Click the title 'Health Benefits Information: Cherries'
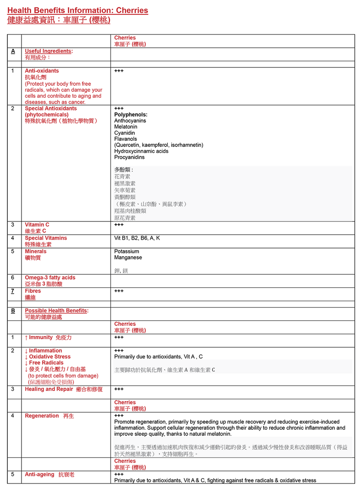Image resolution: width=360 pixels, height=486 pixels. pyautogui.click(x=77, y=10)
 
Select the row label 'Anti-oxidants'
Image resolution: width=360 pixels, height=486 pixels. pyautogui.click(x=41, y=71)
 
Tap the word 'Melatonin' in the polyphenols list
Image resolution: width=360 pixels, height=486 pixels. pyautogui.click(x=125, y=127)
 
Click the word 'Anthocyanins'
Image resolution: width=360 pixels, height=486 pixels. pyautogui.click(x=130, y=121)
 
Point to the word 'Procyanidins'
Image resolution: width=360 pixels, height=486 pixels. pyautogui.click(x=129, y=157)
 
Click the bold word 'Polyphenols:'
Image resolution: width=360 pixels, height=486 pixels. pyautogui.click(x=131, y=115)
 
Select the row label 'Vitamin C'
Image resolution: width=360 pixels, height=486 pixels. pyautogui.click(x=37, y=225)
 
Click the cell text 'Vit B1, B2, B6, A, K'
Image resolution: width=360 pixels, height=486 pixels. pyautogui.click(x=137, y=238)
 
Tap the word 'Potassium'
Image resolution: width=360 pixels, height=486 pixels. pyautogui.click(x=127, y=251)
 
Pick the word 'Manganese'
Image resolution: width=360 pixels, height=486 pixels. pyautogui.click(x=128, y=257)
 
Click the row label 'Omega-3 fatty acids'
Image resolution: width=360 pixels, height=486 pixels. pyautogui.click(x=50, y=278)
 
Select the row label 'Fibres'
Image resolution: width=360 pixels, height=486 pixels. pyautogui.click(x=33, y=291)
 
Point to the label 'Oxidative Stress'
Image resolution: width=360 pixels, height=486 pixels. pyautogui.click(x=50, y=357)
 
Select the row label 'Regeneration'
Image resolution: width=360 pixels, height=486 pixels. pyautogui.click(x=41, y=416)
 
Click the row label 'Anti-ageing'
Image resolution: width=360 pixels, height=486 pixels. pyautogui.click(x=39, y=474)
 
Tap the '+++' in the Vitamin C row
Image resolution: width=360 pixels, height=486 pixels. pyautogui.click(x=119, y=225)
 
